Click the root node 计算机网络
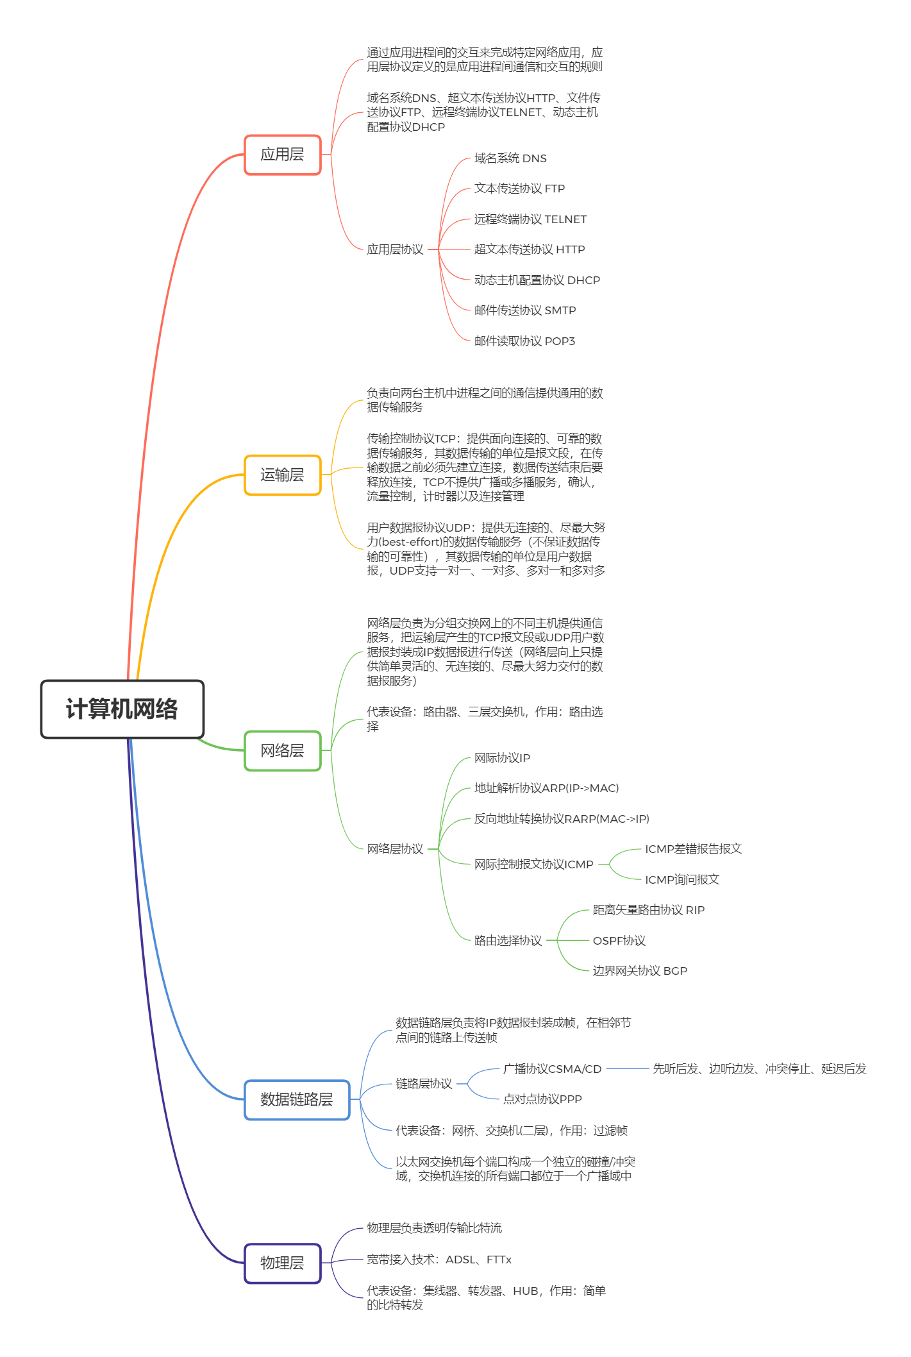tap(122, 709)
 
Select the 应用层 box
tap(282, 155)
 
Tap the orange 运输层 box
tap(282, 475)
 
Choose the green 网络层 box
tap(282, 750)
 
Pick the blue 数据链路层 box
tap(296, 1100)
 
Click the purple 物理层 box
tap(282, 1263)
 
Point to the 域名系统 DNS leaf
tap(510, 158)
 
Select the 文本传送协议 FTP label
tap(519, 189)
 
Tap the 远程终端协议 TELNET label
tap(530, 219)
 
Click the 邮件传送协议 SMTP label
tap(525, 310)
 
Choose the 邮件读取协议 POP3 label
tap(524, 341)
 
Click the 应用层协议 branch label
tap(395, 249)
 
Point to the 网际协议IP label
tap(502, 758)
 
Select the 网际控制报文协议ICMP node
tap(533, 864)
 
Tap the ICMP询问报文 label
tap(681, 880)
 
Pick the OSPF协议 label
tap(619, 941)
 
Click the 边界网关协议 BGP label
tap(639, 971)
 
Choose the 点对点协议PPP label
tap(542, 1099)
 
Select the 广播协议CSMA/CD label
tap(552, 1069)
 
